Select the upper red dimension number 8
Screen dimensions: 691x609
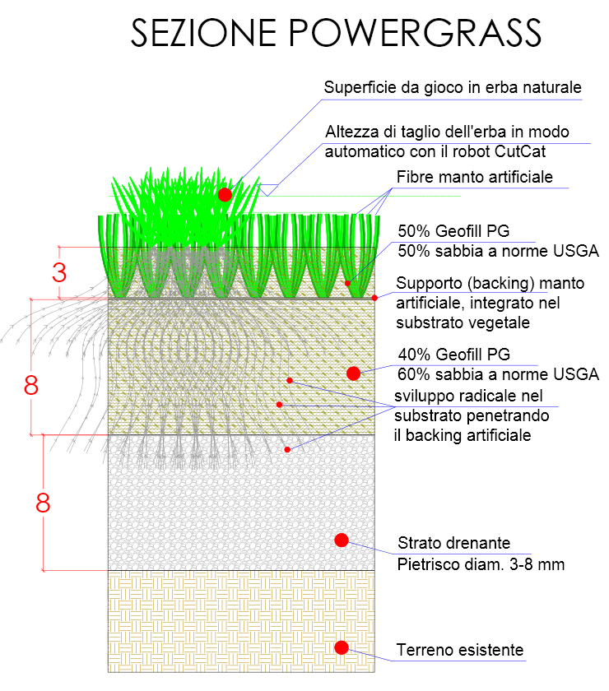[x=32, y=386]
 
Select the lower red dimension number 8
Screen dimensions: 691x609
[x=43, y=502]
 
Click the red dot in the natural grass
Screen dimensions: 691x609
[x=225, y=194]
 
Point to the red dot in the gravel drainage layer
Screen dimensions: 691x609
[x=342, y=540]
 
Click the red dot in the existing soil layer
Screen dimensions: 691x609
[x=342, y=647]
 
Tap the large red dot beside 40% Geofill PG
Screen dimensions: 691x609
[x=354, y=373]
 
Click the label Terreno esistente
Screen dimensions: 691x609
[x=460, y=650]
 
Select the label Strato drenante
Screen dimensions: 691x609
[x=454, y=543]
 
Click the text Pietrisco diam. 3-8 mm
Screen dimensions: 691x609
[x=481, y=564]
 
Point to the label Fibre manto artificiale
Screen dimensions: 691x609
[x=475, y=177]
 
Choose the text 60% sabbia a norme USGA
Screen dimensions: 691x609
[x=498, y=375]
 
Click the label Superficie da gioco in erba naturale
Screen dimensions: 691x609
[x=453, y=87]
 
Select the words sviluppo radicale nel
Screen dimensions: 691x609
[x=463, y=396]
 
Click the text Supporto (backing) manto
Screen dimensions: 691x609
[x=490, y=283]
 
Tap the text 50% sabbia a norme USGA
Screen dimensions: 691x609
[x=498, y=251]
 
